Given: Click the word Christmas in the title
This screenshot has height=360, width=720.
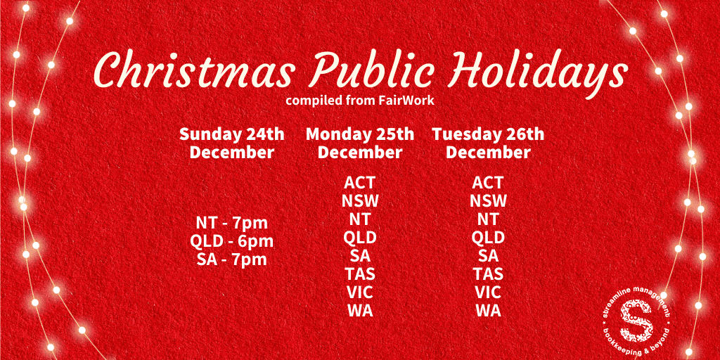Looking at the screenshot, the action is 194,70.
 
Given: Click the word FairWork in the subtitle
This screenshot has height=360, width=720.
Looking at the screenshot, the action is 406,101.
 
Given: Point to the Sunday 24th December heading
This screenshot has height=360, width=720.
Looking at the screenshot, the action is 232,143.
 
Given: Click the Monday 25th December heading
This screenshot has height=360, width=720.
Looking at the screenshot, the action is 360,143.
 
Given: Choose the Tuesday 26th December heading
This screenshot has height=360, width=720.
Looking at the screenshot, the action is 488,143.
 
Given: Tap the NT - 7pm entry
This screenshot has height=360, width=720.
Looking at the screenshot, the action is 232,223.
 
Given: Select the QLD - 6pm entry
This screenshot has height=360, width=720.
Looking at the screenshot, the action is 232,241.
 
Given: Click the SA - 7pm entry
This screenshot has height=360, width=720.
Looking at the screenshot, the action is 232,259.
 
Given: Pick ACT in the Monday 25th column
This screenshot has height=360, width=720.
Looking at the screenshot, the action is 359,182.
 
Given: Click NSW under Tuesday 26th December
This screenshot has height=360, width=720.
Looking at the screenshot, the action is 488,200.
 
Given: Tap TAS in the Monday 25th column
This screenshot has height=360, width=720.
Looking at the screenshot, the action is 360,274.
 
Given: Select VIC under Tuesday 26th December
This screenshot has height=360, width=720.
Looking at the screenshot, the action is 488,292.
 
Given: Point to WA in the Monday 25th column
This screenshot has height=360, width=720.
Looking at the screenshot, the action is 360,311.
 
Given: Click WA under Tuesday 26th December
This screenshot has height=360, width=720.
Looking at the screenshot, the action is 488,311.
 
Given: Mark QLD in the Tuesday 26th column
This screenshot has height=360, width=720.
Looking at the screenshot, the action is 488,238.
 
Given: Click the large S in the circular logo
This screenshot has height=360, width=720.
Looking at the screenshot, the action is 636,319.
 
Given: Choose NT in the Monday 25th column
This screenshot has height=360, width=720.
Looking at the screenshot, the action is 360,219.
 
